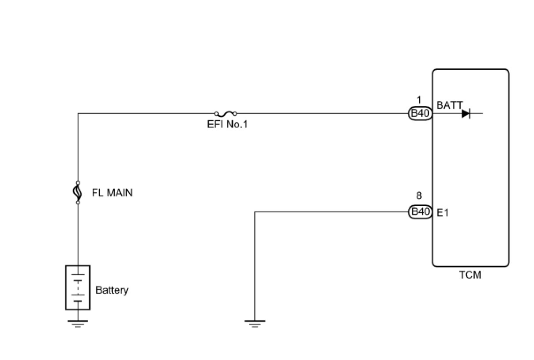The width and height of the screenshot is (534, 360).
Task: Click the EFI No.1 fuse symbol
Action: pos(226,114)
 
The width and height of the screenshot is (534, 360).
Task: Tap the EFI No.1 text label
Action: pos(227,124)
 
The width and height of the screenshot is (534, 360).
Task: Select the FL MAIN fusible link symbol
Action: pos(78,193)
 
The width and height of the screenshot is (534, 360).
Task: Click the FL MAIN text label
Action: pos(112,193)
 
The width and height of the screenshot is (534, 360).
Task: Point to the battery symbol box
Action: pos(78,287)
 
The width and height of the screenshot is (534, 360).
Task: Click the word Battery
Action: pos(112,290)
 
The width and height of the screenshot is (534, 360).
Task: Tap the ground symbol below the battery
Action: pos(78,324)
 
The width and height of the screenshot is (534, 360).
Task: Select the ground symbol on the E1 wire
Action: pos(255,324)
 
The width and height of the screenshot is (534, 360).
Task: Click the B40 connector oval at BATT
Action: pos(420,114)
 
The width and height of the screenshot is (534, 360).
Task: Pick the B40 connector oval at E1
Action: pos(420,212)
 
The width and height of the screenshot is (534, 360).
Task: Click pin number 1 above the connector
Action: pos(419,100)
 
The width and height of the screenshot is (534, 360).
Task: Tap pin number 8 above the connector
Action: pos(419,195)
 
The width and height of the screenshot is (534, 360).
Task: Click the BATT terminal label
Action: pos(450,105)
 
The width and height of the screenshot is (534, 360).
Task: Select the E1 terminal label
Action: pos(443,212)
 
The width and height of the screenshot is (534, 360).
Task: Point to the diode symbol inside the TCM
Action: pos(466,114)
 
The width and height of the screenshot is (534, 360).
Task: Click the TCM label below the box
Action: pos(470,275)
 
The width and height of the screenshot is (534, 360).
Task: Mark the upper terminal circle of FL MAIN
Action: pos(78,183)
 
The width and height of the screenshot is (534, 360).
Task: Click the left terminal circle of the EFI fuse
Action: pos(216,114)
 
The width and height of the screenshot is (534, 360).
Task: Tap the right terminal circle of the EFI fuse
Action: pos(235,114)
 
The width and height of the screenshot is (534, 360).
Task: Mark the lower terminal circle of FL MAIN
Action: pos(78,203)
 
